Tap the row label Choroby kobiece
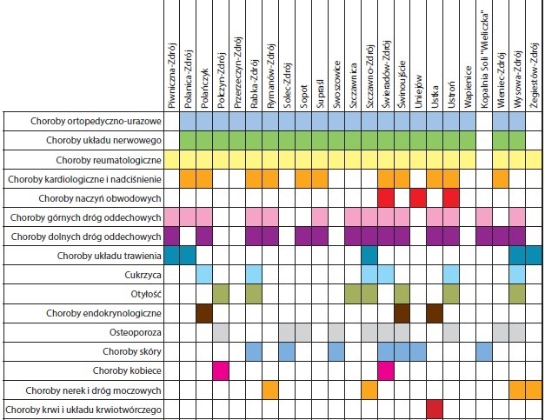click(x=128, y=370)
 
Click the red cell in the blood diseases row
click(x=435, y=409)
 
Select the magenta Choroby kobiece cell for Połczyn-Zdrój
click(x=221, y=370)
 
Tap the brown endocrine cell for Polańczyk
click(x=204, y=312)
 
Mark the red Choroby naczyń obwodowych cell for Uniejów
click(x=418, y=197)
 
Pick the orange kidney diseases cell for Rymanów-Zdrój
click(x=269, y=390)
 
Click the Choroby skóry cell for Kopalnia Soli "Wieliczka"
click(x=484, y=350)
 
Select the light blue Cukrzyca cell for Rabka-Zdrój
click(x=254, y=274)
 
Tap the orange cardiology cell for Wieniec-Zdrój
click(x=501, y=178)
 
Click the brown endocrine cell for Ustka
click(x=435, y=312)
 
